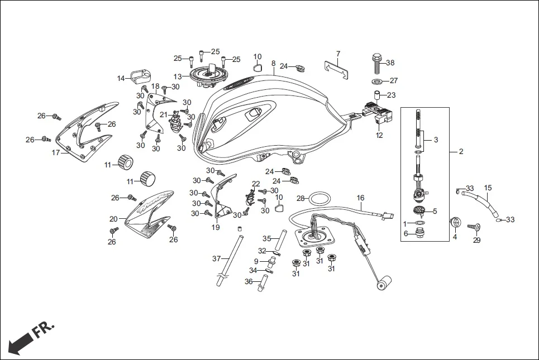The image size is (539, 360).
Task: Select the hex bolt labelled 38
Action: [x=376, y=63]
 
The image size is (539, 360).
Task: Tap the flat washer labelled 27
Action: [x=376, y=81]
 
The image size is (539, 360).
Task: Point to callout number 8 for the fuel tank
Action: [x=274, y=64]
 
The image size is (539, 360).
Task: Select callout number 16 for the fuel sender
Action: [x=360, y=198]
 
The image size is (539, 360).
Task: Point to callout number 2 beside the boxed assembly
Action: [x=461, y=151]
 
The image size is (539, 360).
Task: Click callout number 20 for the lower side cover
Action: [x=113, y=219]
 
